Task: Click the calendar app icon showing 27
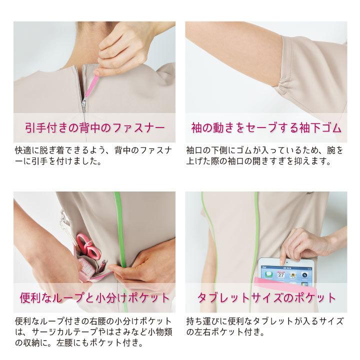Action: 281,274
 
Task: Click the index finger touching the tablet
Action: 283,260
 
